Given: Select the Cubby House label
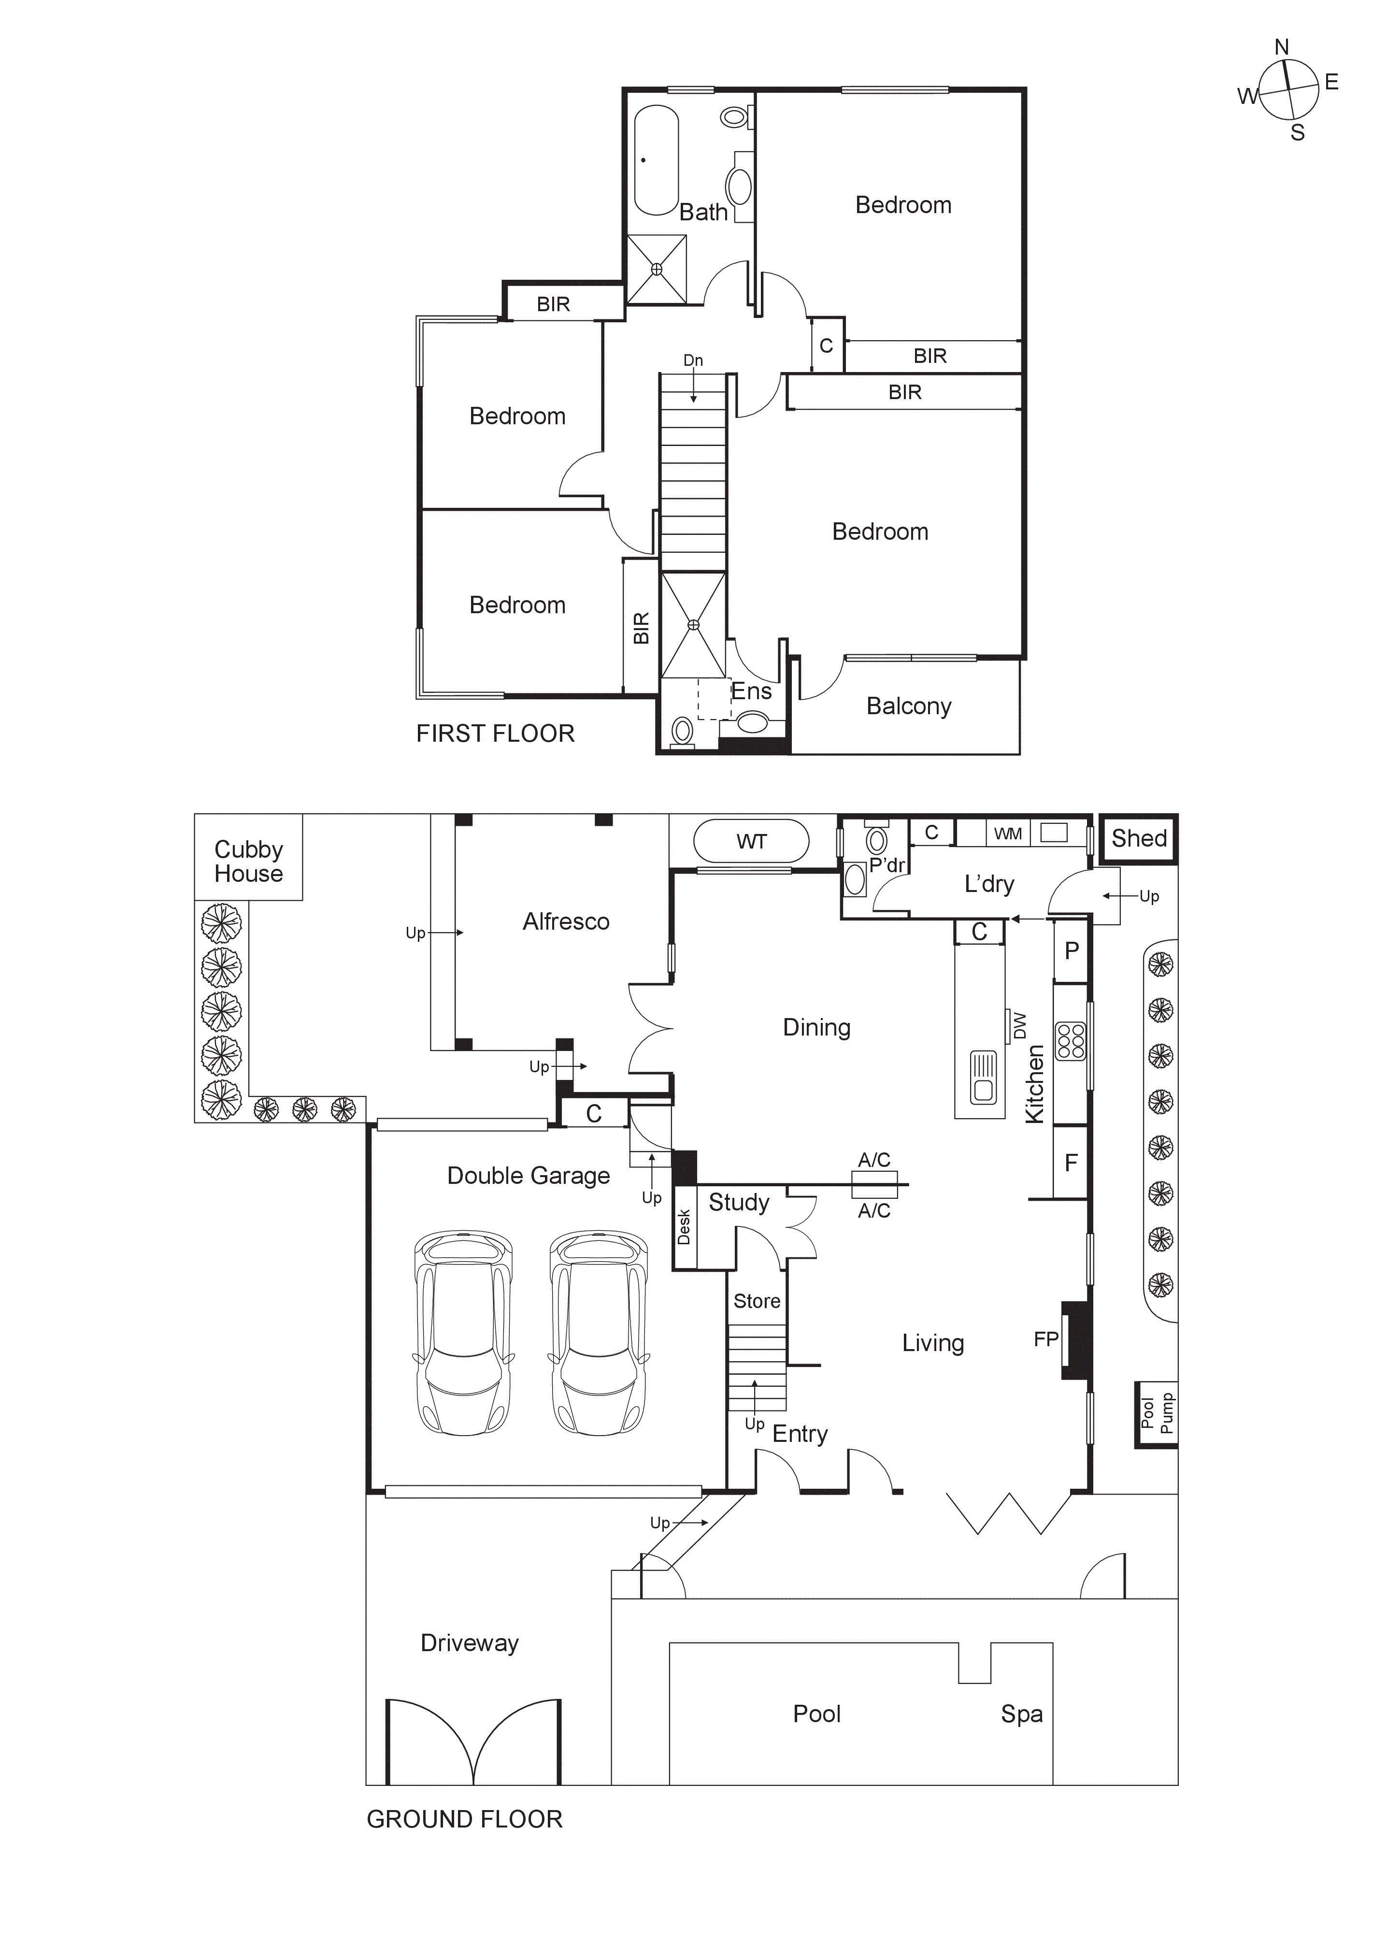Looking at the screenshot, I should coord(248,861).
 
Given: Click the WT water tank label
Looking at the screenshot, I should coord(752,842).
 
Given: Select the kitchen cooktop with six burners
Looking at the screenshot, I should coord(1071,1041).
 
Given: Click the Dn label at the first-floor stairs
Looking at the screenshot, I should coord(693,360).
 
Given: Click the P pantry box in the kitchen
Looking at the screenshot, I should coord(1071,950).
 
